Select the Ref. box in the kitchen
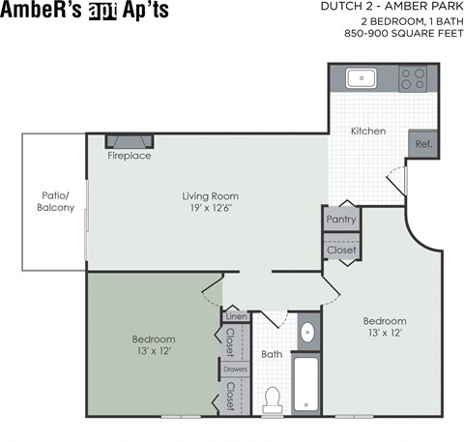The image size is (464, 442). tap(423, 143)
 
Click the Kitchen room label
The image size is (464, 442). tap(368, 131)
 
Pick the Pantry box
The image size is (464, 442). tap(340, 220)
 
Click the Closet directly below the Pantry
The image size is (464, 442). tap(340, 250)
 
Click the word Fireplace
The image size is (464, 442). tap(129, 156)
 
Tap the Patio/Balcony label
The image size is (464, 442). tap(55, 200)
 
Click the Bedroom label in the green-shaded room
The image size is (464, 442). tap(154, 339)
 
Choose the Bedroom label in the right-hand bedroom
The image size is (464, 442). tap(384, 321)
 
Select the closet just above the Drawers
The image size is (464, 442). tap(231, 341)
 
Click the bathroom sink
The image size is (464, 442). tap(307, 334)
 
